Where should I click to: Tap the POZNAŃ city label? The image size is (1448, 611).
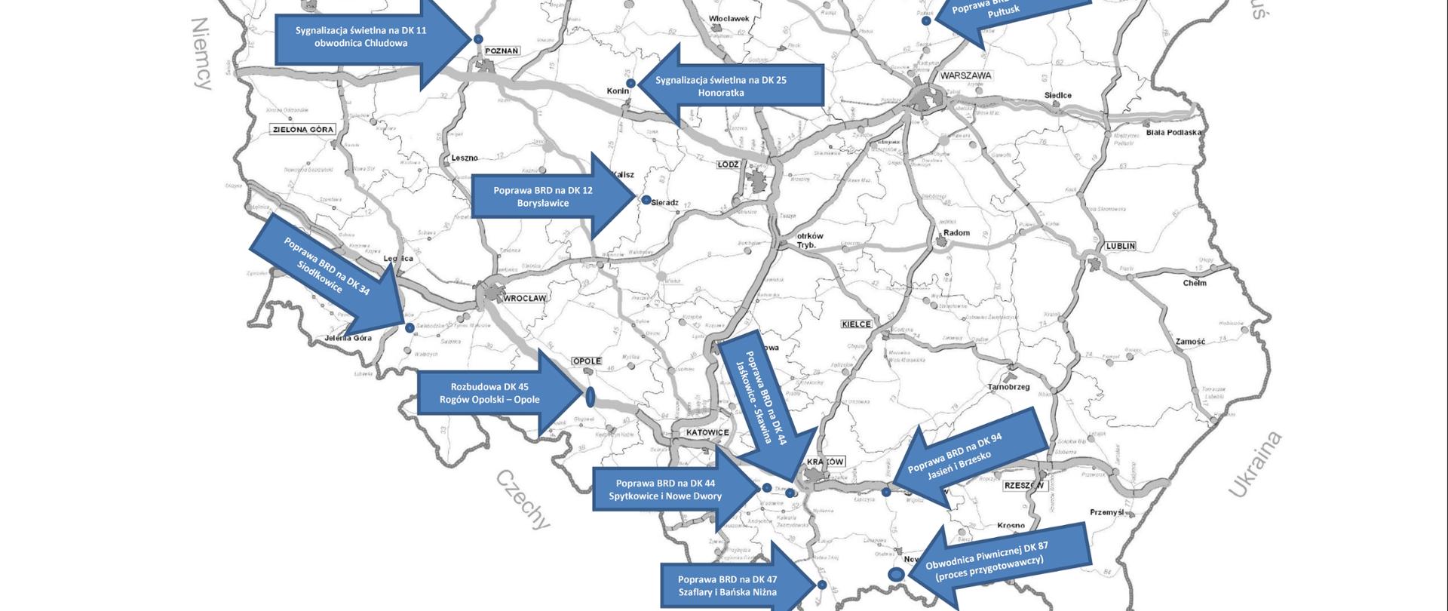pos(502,51)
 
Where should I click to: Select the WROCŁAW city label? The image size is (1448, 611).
pos(524,298)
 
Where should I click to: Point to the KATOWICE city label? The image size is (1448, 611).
pos(707,432)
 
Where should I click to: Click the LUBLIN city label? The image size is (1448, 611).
pos(1121,247)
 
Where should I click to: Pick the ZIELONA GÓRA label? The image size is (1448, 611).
pos(302,130)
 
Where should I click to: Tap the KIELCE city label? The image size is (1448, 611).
pos(856,324)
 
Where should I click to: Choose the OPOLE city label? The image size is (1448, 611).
pos(587,361)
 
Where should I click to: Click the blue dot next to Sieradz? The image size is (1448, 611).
pos(646,200)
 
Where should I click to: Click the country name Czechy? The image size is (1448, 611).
pos(523,499)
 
